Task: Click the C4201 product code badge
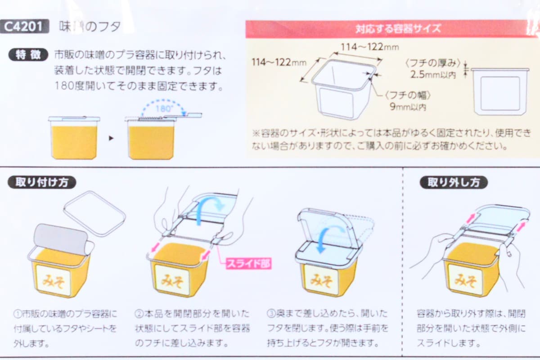pyautogui.click(x=24, y=27)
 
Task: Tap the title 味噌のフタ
pyautogui.click(x=90, y=27)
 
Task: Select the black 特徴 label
pyautogui.click(x=28, y=55)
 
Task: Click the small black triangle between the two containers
pyautogui.click(x=111, y=138)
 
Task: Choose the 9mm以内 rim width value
pyautogui.click(x=408, y=107)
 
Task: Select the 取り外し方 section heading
pyautogui.click(x=454, y=182)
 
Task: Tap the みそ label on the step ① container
pyautogui.click(x=54, y=281)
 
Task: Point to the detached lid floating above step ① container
pyautogui.click(x=94, y=212)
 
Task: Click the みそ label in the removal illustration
pyautogui.click(x=465, y=280)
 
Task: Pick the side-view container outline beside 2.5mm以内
pyautogui.click(x=499, y=92)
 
